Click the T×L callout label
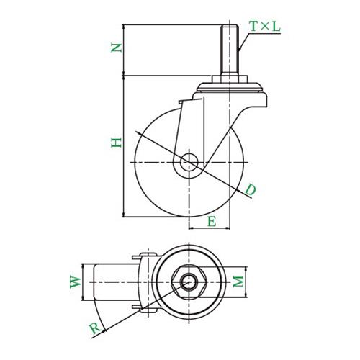[265, 27]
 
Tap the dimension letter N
[117, 48]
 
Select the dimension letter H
[117, 143]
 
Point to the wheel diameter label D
[251, 189]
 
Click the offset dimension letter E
[212, 221]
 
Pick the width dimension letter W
[76, 282]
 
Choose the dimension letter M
[238, 282]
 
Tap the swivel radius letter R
[96, 328]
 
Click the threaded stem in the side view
[230, 50]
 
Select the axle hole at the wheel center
[189, 163]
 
